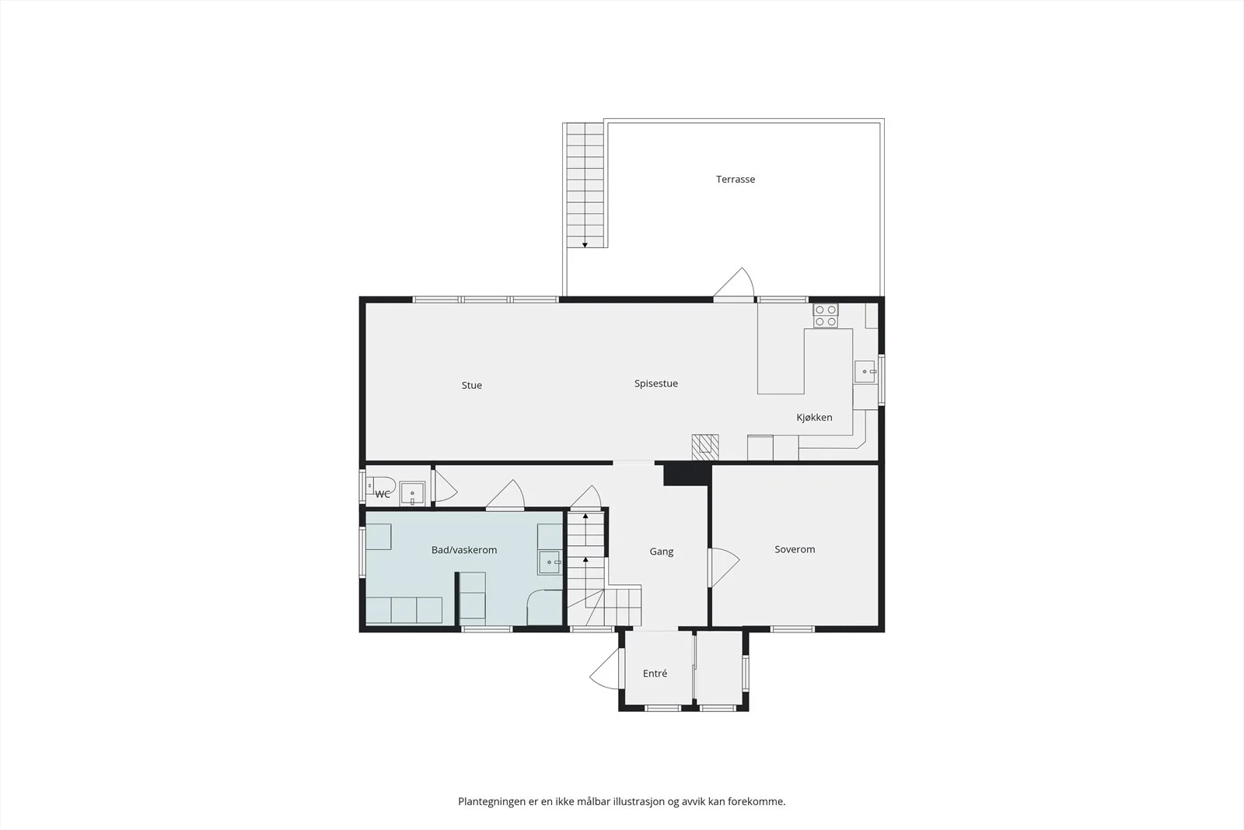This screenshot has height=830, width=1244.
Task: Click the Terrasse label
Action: tap(736, 180)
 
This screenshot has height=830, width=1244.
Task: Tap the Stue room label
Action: tap(471, 385)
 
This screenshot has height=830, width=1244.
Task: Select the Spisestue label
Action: tap(656, 383)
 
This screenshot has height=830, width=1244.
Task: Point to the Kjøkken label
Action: tap(814, 417)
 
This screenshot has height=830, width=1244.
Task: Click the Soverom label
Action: tap(795, 549)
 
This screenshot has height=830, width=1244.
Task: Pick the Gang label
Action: tap(662, 552)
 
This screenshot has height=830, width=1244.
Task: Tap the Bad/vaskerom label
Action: tap(464, 550)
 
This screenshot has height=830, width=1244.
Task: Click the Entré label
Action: tap(655, 674)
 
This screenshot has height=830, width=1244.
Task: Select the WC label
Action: tap(383, 494)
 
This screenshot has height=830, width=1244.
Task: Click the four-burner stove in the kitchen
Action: tap(826, 316)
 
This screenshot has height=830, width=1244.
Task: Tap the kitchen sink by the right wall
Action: tap(865, 372)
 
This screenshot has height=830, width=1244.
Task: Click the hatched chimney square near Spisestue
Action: tap(705, 447)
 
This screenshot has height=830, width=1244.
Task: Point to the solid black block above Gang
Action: tap(687, 475)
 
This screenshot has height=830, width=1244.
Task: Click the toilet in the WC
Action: tap(380, 485)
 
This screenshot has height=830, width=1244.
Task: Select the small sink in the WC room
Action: tap(412, 493)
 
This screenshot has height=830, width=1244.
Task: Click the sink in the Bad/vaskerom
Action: tap(549, 562)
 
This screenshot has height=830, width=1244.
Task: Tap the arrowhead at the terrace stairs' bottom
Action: tap(585, 245)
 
